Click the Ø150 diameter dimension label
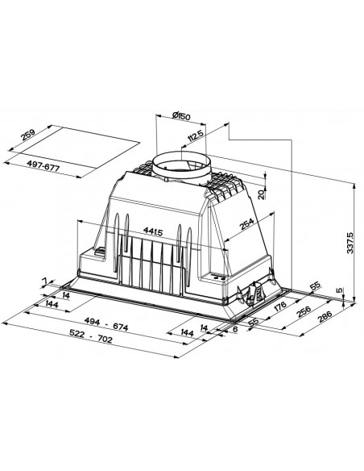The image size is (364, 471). (182, 115)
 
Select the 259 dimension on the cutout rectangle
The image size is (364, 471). (28, 135)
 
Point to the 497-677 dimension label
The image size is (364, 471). (43, 166)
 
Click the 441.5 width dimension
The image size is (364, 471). (153, 231)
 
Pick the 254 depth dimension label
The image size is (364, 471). (247, 223)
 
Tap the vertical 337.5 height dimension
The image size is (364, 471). (350, 243)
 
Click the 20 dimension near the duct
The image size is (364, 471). (262, 194)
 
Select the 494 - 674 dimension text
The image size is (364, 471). (106, 324)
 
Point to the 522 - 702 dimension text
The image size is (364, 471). (91, 336)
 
